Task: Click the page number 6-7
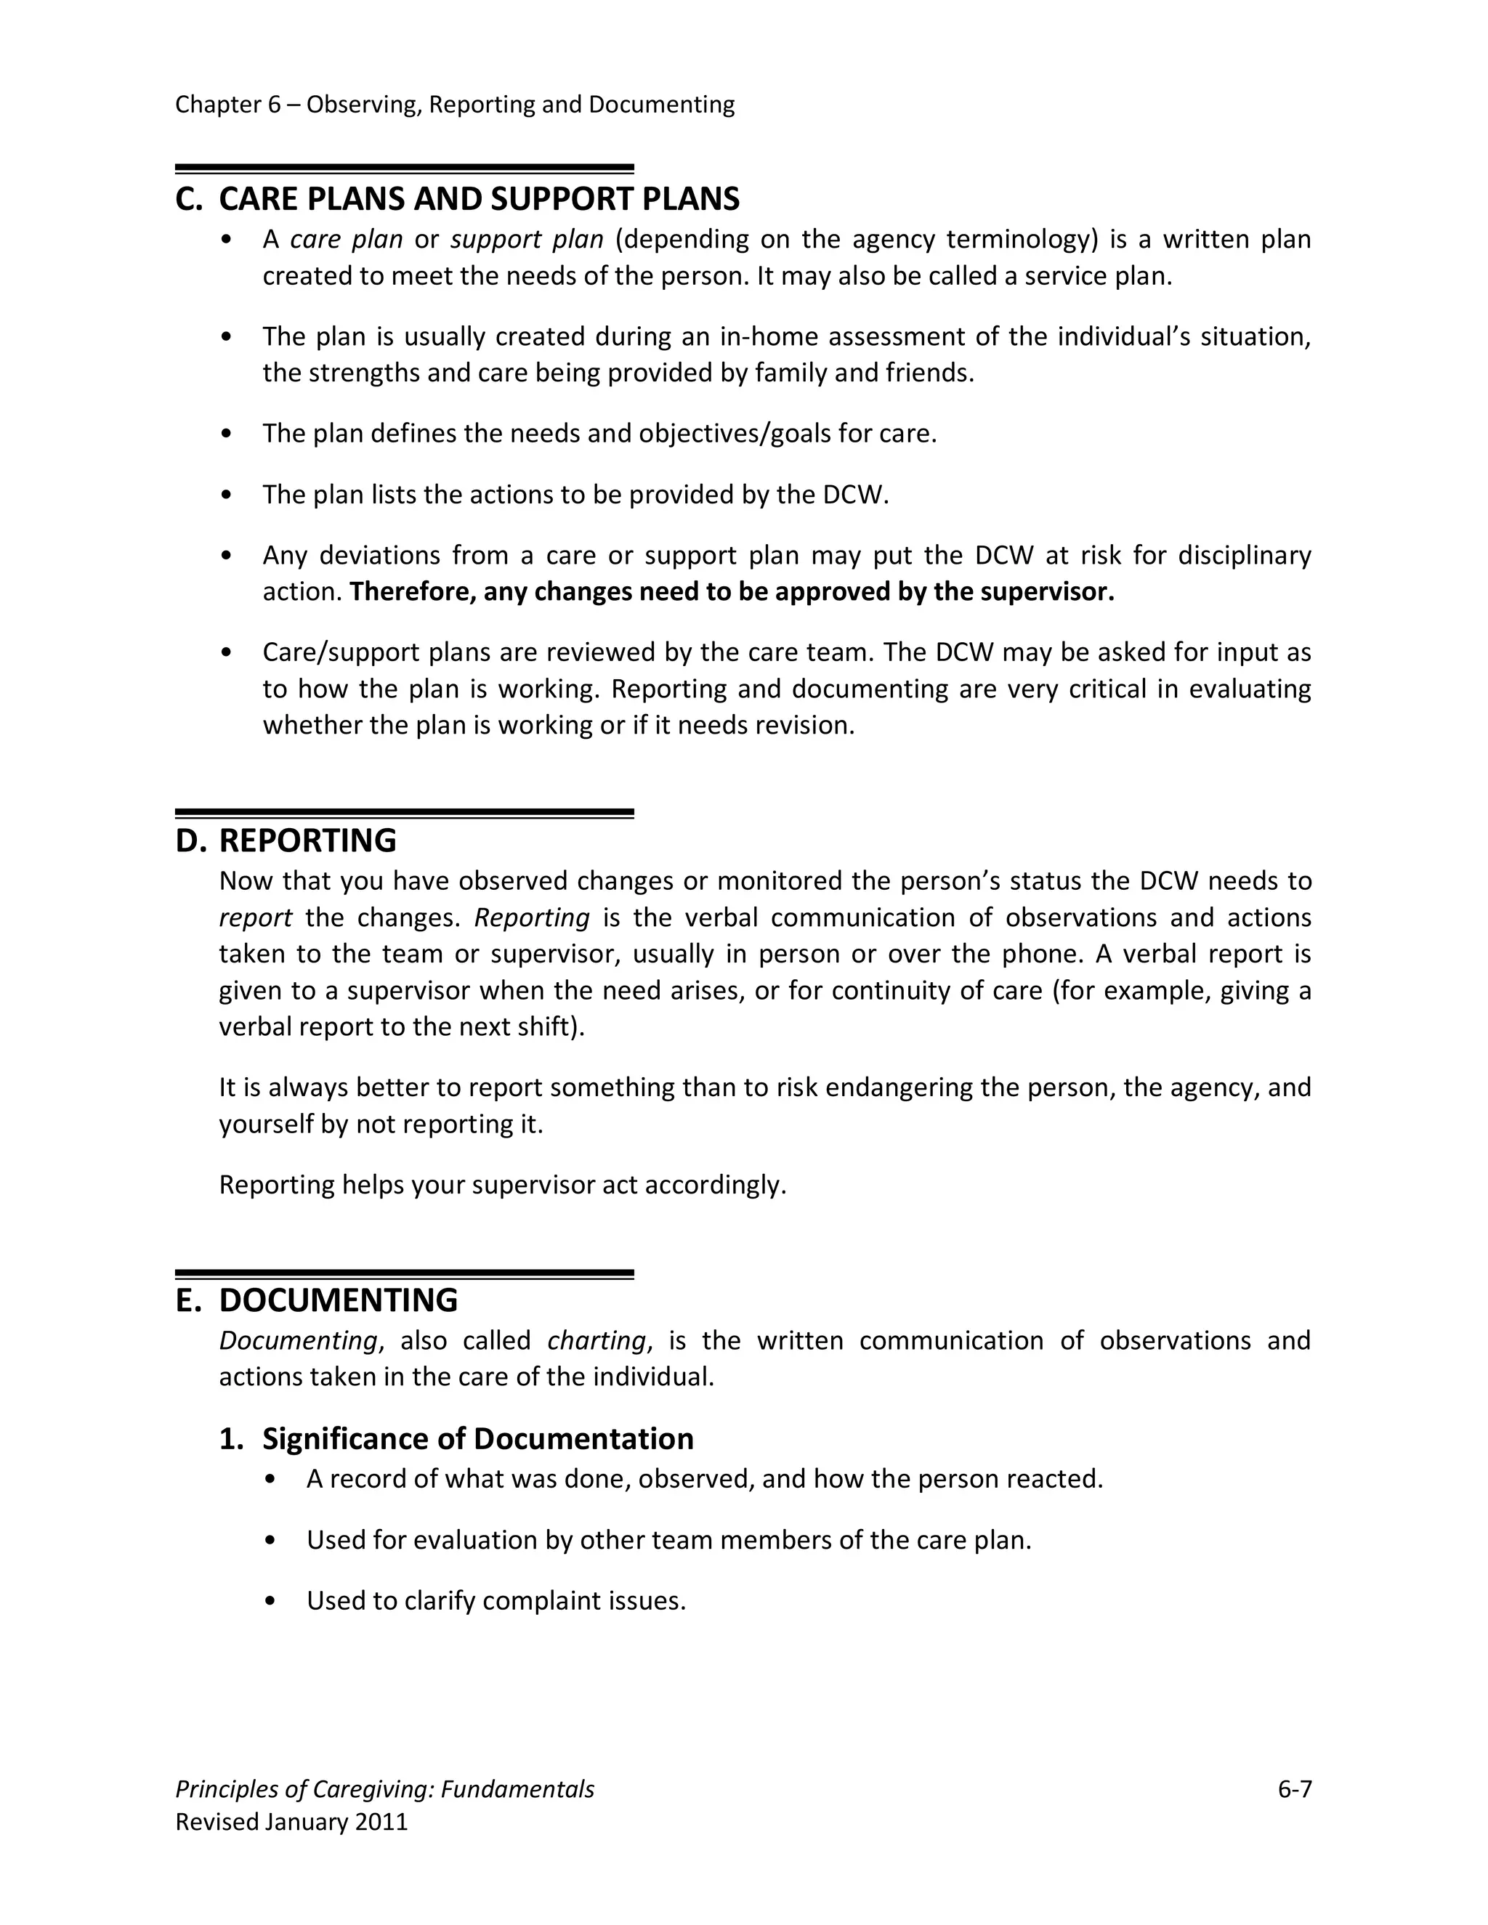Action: pos(1294,1789)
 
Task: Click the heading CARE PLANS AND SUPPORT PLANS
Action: pos(479,199)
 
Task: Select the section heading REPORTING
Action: pos(307,841)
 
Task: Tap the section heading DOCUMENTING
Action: pos(338,1301)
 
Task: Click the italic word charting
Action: pos(597,1341)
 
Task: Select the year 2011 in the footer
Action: pos(381,1822)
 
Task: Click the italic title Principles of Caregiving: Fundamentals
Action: pos(384,1789)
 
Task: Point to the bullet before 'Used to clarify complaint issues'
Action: pos(270,1600)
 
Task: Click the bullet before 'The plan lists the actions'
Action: pos(227,495)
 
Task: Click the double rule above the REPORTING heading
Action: pos(405,814)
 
